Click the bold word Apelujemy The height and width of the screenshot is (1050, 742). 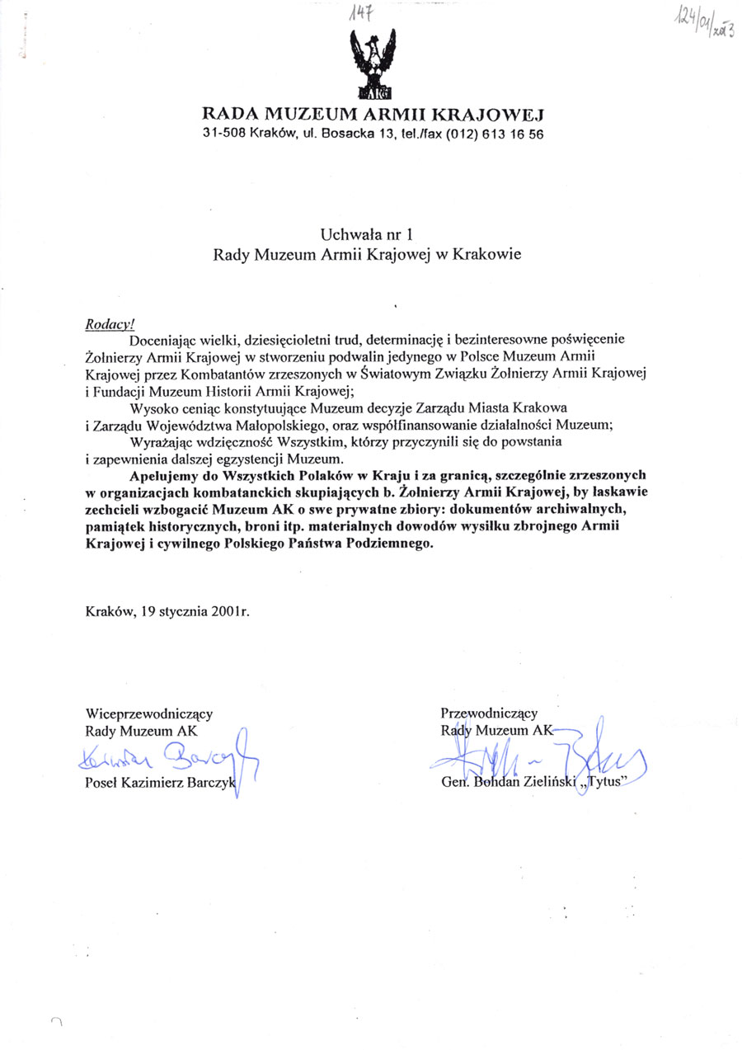(161, 475)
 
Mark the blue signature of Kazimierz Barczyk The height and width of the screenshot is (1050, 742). (169, 755)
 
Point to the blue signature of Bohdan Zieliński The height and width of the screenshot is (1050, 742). (536, 755)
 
